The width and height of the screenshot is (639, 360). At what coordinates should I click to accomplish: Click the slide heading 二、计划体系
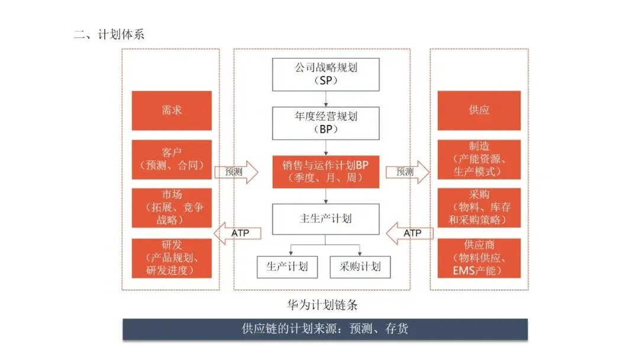click(x=109, y=34)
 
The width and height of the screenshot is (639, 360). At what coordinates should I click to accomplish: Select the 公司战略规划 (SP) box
click(x=326, y=74)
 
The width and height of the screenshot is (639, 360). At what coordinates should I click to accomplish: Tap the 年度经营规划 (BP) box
click(x=326, y=123)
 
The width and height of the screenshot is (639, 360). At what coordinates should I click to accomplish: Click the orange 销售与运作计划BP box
click(x=326, y=172)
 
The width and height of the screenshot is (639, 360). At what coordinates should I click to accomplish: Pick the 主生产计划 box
click(x=326, y=218)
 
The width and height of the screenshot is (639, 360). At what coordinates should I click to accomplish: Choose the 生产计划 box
click(x=287, y=266)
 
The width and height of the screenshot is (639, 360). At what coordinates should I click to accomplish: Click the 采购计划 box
click(x=360, y=266)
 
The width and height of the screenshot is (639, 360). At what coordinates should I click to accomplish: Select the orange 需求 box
click(x=172, y=110)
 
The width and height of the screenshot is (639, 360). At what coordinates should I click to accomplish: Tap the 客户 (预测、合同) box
click(x=172, y=159)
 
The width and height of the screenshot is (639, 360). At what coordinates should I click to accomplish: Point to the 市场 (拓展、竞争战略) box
click(x=172, y=207)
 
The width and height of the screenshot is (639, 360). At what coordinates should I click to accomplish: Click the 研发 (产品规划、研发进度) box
click(x=172, y=258)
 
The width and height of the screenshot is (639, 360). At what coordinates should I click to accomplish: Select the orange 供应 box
click(x=479, y=110)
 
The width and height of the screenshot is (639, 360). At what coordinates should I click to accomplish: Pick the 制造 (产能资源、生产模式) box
click(x=479, y=159)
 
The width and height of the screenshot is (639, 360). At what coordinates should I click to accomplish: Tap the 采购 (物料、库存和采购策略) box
click(x=479, y=207)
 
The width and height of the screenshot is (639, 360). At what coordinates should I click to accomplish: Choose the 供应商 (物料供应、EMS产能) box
click(x=479, y=258)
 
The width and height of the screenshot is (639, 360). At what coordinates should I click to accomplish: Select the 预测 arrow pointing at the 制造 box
click(x=408, y=172)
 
